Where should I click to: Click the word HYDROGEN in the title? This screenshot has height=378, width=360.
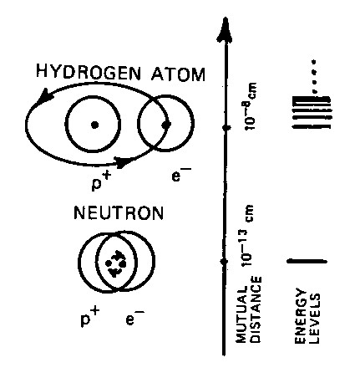click(x=89, y=72)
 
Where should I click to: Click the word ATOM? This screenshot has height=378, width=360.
click(x=179, y=74)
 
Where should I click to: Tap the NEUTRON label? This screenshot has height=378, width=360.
click(x=119, y=213)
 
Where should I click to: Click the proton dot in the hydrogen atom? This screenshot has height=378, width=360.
click(x=94, y=125)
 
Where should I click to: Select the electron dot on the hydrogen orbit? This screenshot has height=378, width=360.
click(x=166, y=125)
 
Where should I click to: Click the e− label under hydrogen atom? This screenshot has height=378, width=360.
click(x=181, y=175)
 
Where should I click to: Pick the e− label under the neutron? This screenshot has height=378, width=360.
click(x=134, y=317)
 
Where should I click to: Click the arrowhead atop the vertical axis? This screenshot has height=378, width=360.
click(x=225, y=30)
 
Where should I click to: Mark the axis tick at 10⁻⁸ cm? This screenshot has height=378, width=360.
click(x=226, y=128)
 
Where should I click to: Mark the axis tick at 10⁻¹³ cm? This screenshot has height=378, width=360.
click(x=224, y=262)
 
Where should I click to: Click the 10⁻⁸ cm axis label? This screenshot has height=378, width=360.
click(x=251, y=106)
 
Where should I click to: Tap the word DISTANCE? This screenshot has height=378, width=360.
click(x=256, y=309)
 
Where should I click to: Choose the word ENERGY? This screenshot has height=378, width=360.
click(x=301, y=315)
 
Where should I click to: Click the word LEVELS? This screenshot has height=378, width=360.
click(x=315, y=319)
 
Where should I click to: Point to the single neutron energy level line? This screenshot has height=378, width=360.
click(x=307, y=261)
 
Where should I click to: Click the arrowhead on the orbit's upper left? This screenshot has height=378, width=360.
click(x=44, y=95)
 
